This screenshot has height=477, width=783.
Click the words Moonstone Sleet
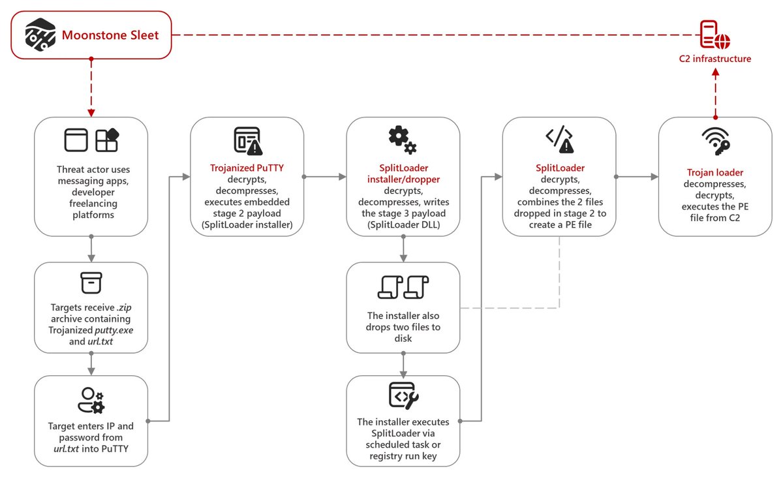pyautogui.click(x=110, y=35)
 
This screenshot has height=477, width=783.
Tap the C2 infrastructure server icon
pyautogui.click(x=714, y=34)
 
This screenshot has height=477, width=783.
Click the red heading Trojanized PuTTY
pyautogui.click(x=247, y=168)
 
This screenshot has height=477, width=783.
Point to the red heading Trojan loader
pyautogui.click(x=714, y=172)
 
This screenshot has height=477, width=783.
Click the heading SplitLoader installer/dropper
pyautogui.click(x=403, y=174)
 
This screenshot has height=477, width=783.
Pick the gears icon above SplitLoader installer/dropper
pyautogui.click(x=403, y=139)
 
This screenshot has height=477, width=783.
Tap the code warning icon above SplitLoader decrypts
pyautogui.click(x=559, y=139)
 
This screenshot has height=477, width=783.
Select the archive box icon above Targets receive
pyautogui.click(x=91, y=283)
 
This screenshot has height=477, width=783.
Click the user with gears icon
pyautogui.click(x=91, y=399)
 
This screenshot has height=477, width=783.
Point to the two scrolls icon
pyautogui.click(x=403, y=287)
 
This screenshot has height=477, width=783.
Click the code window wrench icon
pyautogui.click(x=403, y=395)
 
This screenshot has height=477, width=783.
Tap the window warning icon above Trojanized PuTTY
pyautogui.click(x=247, y=140)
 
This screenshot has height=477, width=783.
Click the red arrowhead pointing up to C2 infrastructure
pyautogui.click(x=714, y=75)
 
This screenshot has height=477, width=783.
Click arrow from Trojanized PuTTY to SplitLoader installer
pyautogui.click(x=325, y=176)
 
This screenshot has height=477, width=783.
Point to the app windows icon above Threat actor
pyautogui.click(x=91, y=140)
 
